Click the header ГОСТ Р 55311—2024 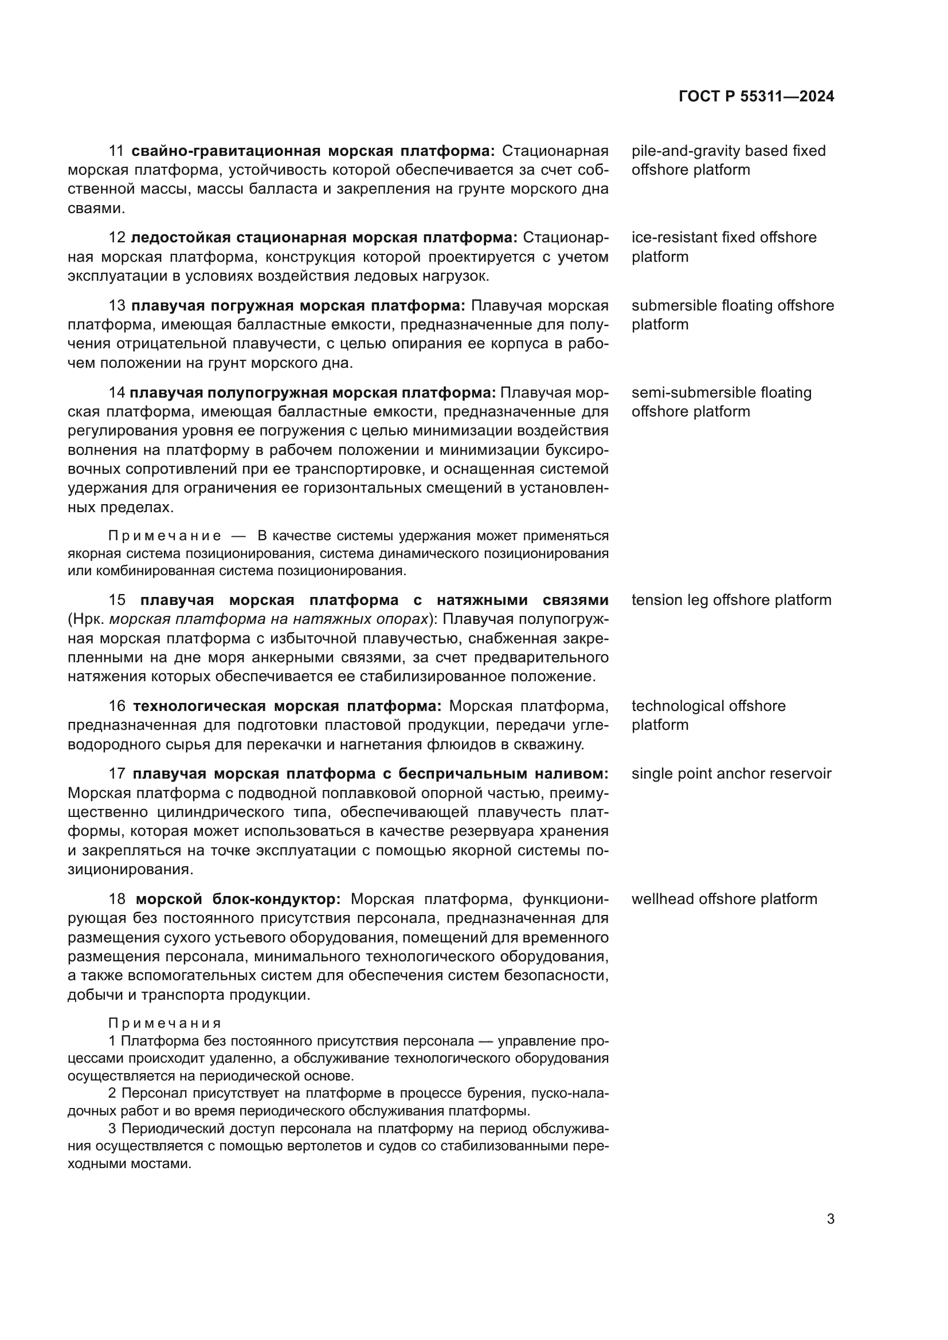point(757,96)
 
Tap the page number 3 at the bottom point(831,1219)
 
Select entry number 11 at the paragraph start point(116,151)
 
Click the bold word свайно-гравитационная point(225,151)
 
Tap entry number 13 point(117,306)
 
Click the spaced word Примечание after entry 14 point(164,536)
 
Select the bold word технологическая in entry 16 point(199,706)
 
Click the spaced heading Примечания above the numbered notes point(164,1024)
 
